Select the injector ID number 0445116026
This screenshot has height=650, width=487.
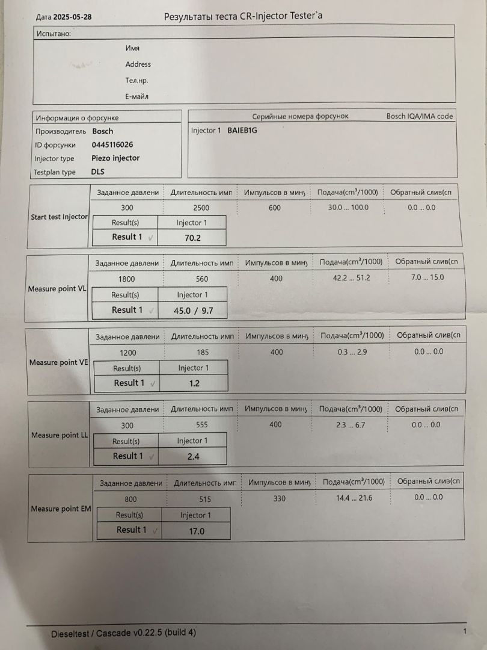(112, 144)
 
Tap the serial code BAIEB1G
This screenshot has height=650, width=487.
(242, 131)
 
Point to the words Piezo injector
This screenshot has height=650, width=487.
(115, 158)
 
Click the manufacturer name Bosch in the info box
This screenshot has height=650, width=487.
(103, 131)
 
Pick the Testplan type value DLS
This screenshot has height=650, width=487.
(98, 172)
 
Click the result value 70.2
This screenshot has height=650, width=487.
(192, 238)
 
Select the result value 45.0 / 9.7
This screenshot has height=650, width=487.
(192, 311)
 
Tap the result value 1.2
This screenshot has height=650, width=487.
(194, 383)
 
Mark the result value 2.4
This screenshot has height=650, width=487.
(193, 457)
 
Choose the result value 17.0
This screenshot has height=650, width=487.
(196, 531)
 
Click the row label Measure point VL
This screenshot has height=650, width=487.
(57, 289)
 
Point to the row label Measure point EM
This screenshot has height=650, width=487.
(61, 509)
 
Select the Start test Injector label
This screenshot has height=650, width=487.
(59, 217)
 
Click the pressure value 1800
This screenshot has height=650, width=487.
(127, 279)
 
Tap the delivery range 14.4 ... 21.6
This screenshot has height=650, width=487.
(354, 498)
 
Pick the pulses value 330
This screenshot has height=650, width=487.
(279, 498)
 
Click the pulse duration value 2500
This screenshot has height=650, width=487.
(201, 208)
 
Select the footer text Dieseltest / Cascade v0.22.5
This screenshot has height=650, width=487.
(123, 633)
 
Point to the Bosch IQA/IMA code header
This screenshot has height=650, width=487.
(420, 116)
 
